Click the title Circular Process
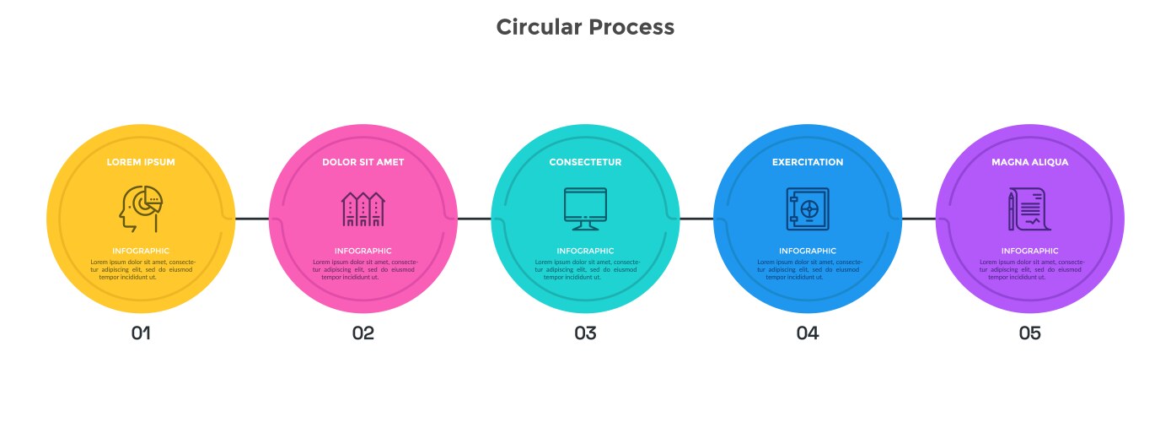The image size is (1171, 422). pos(585,27)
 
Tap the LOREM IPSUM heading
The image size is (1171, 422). pos(141,162)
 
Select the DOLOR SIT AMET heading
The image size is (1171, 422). pos(363,162)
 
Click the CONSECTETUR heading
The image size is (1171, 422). pos(585,162)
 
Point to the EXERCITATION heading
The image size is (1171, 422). pos(808,162)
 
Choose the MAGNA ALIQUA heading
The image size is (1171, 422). pos(1029,162)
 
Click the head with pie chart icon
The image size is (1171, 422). pos(141,208)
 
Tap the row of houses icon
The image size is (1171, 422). pos(363,208)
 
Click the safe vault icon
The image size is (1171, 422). pos(808,208)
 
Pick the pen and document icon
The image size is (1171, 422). pos(1029,208)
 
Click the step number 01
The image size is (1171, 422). pos(141,333)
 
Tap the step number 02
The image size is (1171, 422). pos(363,333)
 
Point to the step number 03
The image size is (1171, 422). pos(585,333)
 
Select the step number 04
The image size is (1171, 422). pos(808,333)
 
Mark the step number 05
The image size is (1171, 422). pos(1029,333)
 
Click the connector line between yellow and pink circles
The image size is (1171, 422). pos(252,219)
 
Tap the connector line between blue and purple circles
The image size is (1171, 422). pos(919,219)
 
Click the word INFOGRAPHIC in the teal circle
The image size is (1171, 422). pos(585,251)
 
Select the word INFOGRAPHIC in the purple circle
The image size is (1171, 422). pos(1029,251)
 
